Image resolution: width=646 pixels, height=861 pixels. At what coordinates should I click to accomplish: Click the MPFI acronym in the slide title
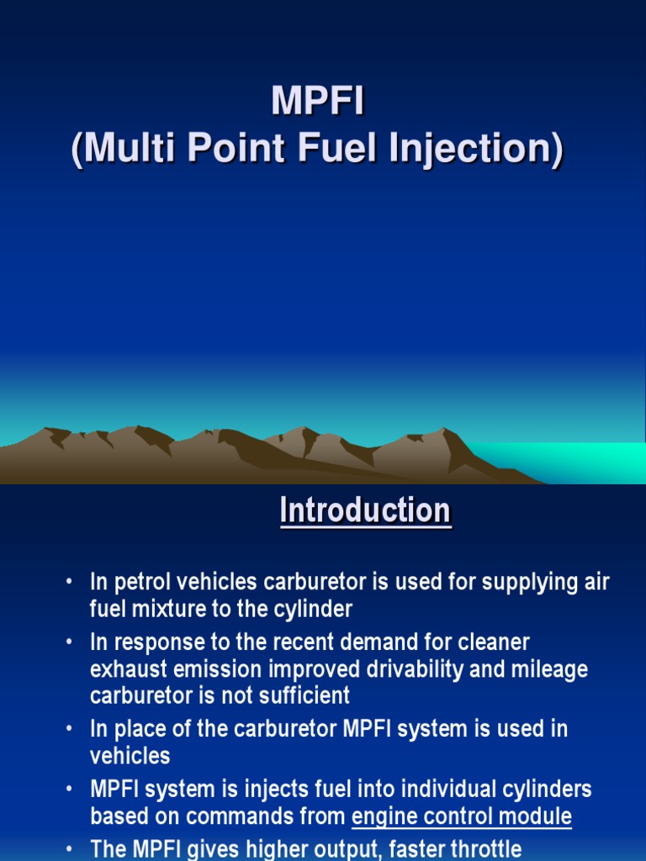pos(317,103)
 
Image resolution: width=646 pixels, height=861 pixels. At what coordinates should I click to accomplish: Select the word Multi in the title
pos(125,150)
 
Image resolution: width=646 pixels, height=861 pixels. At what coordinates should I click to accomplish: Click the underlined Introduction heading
pos(365,510)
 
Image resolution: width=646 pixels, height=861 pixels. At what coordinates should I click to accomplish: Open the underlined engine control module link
pos(462,816)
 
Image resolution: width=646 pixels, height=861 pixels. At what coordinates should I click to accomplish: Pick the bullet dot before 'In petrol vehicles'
pos(68,583)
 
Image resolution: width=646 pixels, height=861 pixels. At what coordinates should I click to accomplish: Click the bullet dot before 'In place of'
pos(68,729)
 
